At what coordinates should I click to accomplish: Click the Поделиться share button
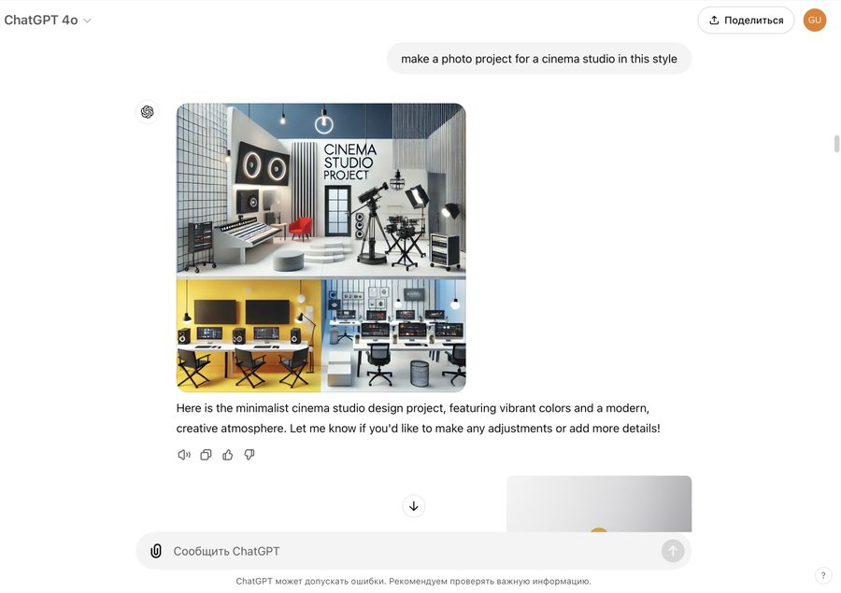pyautogui.click(x=746, y=21)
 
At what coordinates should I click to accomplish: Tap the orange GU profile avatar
pyautogui.click(x=815, y=21)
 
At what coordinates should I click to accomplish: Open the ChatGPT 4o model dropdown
pyautogui.click(x=48, y=21)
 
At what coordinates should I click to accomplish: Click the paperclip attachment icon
pyautogui.click(x=155, y=551)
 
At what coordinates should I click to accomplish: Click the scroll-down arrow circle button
pyautogui.click(x=414, y=506)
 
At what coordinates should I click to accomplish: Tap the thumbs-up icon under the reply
pyautogui.click(x=227, y=455)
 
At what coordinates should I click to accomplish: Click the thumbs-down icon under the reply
pyautogui.click(x=249, y=455)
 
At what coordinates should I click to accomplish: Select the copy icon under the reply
pyautogui.click(x=206, y=455)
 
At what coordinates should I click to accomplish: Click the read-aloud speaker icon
pyautogui.click(x=184, y=455)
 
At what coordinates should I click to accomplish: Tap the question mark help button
pyautogui.click(x=823, y=575)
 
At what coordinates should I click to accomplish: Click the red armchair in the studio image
pyautogui.click(x=300, y=228)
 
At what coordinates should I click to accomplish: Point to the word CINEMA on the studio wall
pyautogui.click(x=350, y=149)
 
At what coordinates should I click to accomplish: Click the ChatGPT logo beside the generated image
pyautogui.click(x=148, y=111)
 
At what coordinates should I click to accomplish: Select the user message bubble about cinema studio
pyautogui.click(x=539, y=59)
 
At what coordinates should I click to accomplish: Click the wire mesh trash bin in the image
pyautogui.click(x=420, y=374)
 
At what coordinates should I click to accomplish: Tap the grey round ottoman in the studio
pyautogui.click(x=288, y=260)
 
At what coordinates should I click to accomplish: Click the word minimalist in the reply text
pyautogui.click(x=262, y=408)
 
